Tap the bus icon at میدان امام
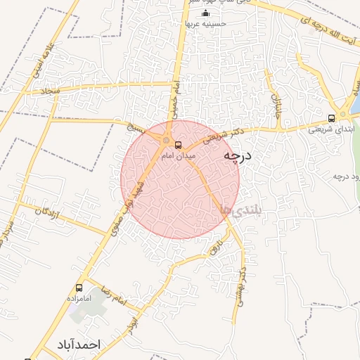point(178,145)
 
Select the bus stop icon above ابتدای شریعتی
point(331,118)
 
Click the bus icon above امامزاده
point(79,288)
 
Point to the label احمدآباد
point(77,345)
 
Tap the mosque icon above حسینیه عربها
point(205,13)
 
